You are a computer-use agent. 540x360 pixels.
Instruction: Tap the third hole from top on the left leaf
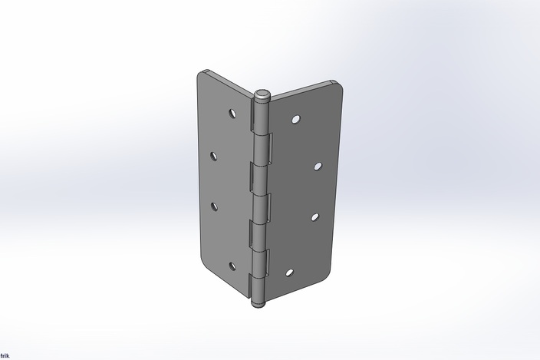tap(214, 205)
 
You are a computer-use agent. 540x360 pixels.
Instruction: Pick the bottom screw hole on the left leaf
tap(232, 266)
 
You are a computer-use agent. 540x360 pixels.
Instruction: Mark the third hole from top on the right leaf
tap(314, 216)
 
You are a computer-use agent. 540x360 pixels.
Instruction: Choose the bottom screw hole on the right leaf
tap(289, 272)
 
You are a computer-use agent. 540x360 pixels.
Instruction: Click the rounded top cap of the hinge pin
tap(262, 94)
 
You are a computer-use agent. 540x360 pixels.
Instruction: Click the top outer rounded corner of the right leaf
tap(337, 85)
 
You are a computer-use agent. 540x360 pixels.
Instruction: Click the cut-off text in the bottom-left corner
tap(4, 356)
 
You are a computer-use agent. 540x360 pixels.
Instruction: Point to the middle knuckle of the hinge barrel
tap(261, 203)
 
